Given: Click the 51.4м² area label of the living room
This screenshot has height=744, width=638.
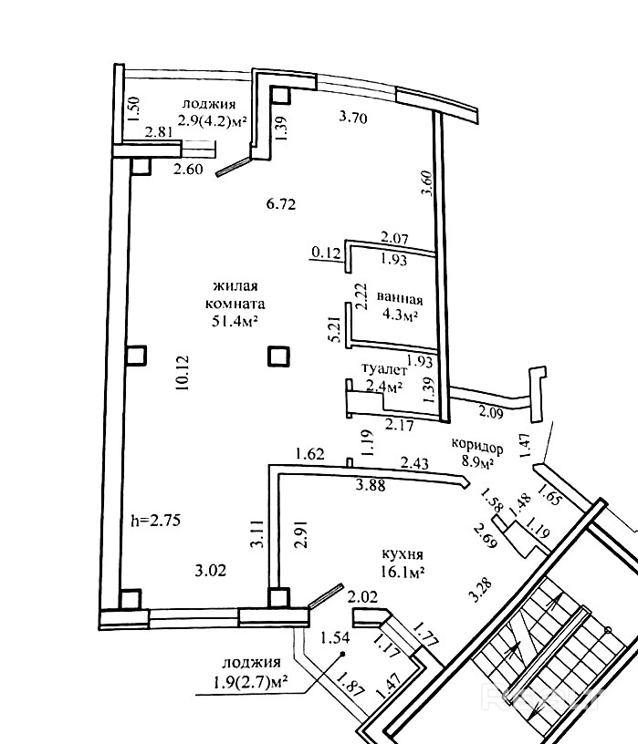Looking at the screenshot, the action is point(235,322).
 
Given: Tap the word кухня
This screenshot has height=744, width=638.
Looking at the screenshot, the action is point(403,554).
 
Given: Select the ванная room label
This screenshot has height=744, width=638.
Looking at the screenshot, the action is point(400,299).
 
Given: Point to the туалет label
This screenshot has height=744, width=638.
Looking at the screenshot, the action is point(385,369).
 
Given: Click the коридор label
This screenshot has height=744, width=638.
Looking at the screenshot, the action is point(477,446).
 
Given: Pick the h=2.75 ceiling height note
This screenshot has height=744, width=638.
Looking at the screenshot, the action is point(156,521).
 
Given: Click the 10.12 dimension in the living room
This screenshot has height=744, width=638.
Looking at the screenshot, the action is point(183,373).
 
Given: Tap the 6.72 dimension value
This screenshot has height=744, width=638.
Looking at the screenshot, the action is point(281,204).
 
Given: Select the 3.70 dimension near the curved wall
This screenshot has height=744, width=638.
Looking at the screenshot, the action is point(353,117).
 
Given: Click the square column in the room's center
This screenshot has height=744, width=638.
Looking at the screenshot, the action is point(278,356).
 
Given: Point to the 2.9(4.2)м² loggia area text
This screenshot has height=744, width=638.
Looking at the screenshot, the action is point(213,120).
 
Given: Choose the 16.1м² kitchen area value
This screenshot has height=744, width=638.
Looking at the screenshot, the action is point(403,572).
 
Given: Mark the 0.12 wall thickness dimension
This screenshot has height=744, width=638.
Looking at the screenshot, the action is point(327,252).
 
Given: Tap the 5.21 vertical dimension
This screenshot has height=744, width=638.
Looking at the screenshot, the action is point(334,329).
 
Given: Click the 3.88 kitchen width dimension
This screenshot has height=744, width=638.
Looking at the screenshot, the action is point(371,485).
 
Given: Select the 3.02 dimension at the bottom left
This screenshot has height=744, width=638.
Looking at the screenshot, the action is point(211,570).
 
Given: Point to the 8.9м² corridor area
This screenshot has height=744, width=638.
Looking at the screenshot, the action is point(478,461).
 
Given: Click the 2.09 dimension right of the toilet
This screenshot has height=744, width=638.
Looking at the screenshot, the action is point(491,412).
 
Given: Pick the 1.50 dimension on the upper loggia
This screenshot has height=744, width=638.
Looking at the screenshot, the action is point(134,108).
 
